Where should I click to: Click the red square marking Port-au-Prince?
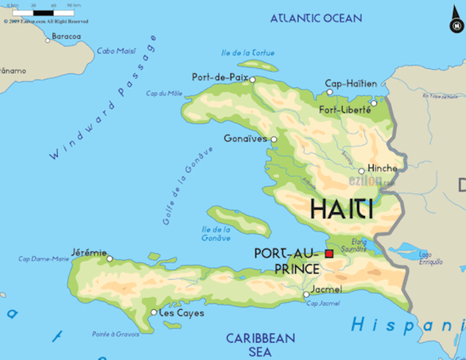tap(329, 254)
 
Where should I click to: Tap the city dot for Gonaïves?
tap(273, 139)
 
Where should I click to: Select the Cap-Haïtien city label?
tap(351, 83)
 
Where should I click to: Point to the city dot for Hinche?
tap(361, 171)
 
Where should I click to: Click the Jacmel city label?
tap(326, 289)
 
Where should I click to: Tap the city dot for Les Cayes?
tap(154, 312)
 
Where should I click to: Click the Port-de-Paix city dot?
tap(252, 79)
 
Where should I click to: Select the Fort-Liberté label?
tap(345, 109)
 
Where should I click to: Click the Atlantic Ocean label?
tap(315, 18)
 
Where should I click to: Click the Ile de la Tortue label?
tap(248, 53)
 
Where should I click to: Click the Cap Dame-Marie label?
tap(43, 259)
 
